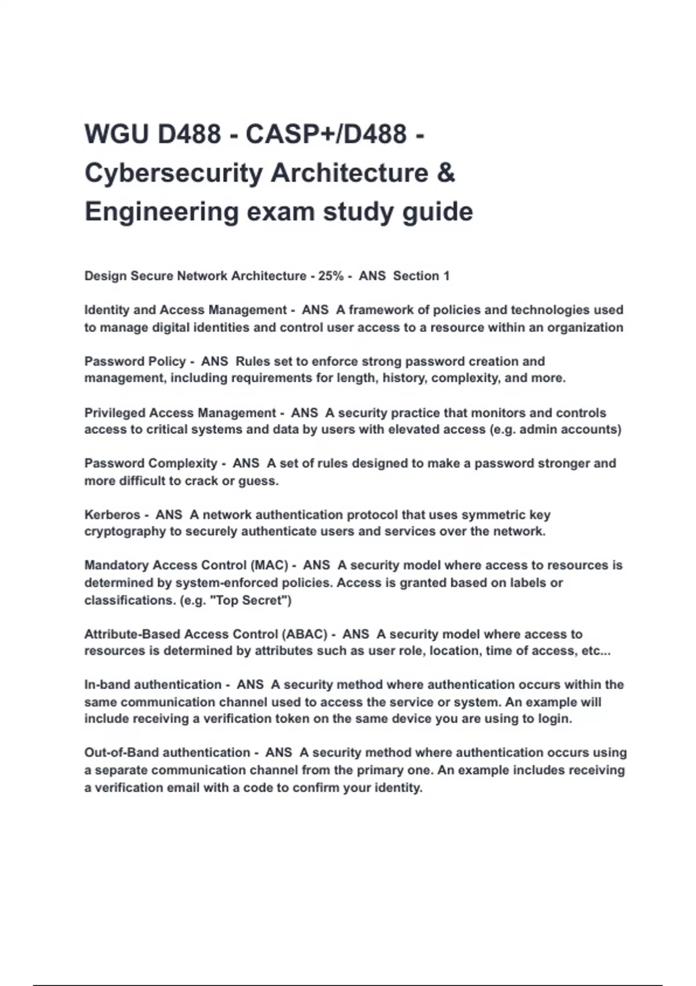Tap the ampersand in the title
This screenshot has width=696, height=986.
click(x=445, y=173)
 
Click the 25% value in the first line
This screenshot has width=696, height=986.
click(x=331, y=276)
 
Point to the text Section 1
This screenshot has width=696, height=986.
click(x=421, y=276)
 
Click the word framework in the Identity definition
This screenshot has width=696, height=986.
click(x=381, y=310)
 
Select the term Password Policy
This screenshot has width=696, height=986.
click(x=135, y=361)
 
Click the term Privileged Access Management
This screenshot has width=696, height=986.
click(x=180, y=413)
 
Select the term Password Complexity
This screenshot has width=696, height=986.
click(x=150, y=463)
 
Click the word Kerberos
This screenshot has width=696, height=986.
click(x=112, y=515)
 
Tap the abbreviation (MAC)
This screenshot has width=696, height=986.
click(x=270, y=565)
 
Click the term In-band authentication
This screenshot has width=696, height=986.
click(x=153, y=685)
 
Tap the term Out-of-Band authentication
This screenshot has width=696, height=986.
click(x=167, y=753)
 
